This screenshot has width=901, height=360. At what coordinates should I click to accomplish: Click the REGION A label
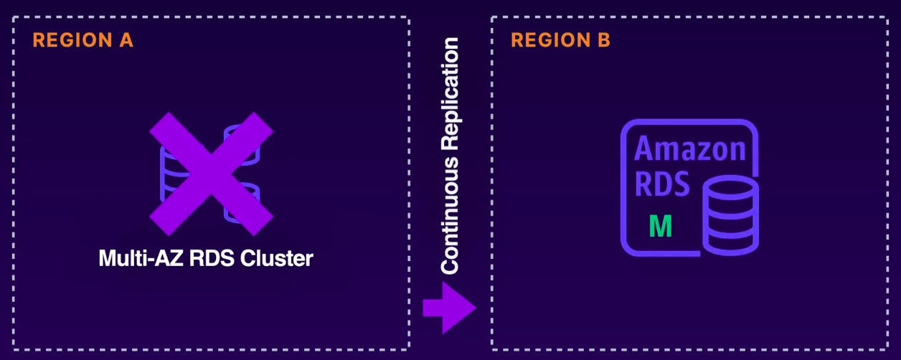tap(83, 40)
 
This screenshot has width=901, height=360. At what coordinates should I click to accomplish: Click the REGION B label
tap(561, 40)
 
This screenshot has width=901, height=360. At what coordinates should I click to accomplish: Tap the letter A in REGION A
tap(126, 40)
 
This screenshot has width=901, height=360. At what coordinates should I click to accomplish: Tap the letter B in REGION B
tap(603, 40)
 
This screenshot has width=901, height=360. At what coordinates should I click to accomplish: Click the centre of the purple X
tap(211, 174)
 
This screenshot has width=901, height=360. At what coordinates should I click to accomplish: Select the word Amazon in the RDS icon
tap(690, 150)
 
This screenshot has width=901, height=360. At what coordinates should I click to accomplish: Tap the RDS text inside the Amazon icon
tap(662, 184)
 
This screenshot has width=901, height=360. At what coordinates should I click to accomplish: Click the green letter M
tap(660, 226)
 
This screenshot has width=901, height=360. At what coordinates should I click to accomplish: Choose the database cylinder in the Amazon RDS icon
tap(730, 215)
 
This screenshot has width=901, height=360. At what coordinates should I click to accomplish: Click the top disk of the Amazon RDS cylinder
tap(730, 189)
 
